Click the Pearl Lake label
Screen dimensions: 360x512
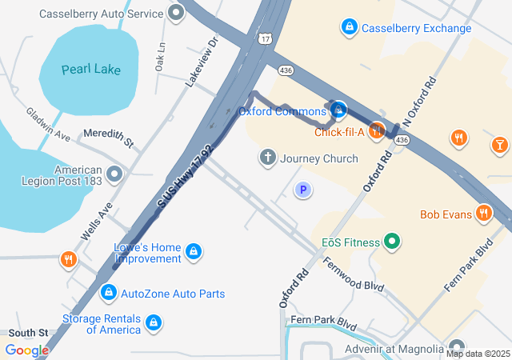click(91, 69)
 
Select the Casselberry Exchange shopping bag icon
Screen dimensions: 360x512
click(349, 28)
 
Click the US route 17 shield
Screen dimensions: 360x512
click(265, 37)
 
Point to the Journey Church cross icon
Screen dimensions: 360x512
click(268, 158)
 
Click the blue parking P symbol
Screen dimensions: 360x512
click(302, 190)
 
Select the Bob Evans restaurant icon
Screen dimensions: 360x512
click(483, 214)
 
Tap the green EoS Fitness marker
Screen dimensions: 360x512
click(392, 241)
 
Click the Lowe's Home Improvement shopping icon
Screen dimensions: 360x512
click(193, 253)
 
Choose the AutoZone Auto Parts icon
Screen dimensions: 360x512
click(108, 294)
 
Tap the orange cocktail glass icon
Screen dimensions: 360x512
click(499, 144)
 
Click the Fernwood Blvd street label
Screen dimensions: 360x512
click(353, 274)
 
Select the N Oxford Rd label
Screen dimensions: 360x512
click(420, 100)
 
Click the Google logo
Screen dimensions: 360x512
click(26, 350)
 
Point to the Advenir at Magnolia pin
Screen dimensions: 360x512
click(455, 349)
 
